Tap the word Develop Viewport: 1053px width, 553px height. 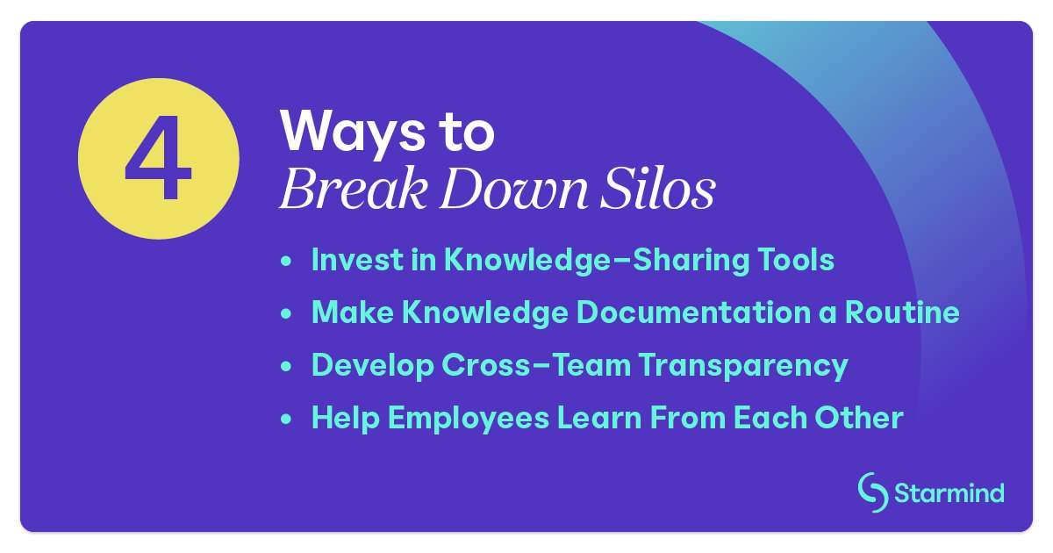pyautogui.click(x=369, y=365)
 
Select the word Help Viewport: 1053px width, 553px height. pyautogui.click(x=345, y=418)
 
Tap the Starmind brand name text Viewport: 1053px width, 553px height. pyautogui.click(x=949, y=493)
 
